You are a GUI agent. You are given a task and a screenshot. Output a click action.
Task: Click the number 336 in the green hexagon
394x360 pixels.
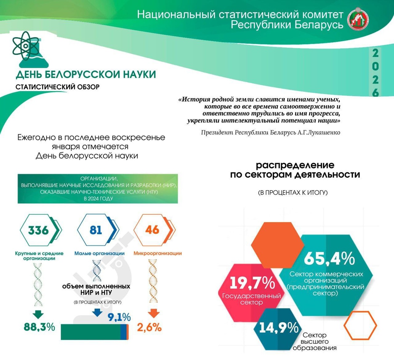38,230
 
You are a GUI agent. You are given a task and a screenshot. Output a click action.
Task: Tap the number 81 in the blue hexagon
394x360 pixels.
96,230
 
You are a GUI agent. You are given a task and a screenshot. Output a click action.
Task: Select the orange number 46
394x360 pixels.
152,230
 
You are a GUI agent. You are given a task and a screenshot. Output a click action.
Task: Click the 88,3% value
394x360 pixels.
39,327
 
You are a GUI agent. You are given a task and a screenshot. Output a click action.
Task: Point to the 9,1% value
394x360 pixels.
119,317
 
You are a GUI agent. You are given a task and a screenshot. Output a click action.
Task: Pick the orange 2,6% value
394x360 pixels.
149,327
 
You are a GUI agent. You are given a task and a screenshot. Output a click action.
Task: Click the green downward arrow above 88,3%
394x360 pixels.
38,314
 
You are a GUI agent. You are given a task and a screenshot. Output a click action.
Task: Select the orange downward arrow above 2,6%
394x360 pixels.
154,313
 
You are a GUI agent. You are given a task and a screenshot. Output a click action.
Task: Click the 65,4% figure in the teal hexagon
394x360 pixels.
329,259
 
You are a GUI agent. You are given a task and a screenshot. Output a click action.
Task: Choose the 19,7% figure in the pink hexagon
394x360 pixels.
252,283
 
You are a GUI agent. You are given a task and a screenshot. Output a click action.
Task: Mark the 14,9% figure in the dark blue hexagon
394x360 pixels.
279,328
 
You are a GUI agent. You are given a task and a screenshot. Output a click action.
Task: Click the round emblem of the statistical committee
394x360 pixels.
358,19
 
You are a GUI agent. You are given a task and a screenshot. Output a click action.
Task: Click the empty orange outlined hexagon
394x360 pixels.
360,325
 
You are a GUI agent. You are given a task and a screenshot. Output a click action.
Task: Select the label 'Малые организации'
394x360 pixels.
99,253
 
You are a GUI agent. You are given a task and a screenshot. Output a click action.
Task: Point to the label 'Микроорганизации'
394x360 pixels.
158,253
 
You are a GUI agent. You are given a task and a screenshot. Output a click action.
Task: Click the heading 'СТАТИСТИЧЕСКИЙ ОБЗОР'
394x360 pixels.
57,87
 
